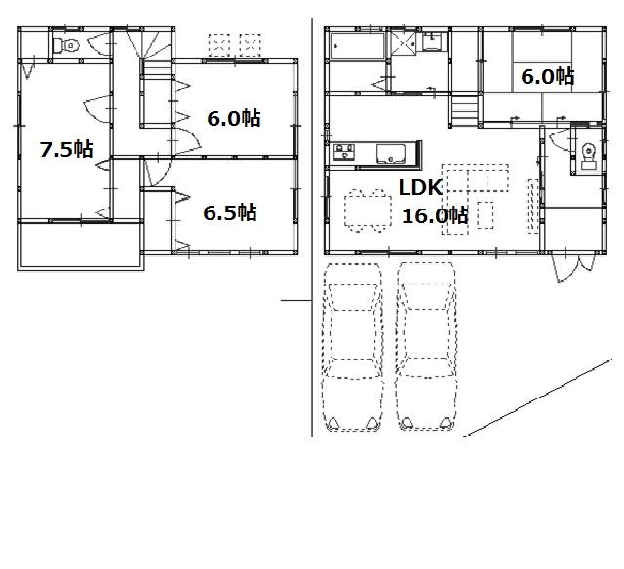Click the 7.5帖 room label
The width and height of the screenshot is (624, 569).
pyautogui.click(x=65, y=150)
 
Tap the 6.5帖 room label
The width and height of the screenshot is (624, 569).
pyautogui.click(x=229, y=212)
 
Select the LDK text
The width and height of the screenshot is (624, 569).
pyautogui.click(x=421, y=187)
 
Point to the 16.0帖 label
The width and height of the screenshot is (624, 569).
pyautogui.click(x=434, y=215)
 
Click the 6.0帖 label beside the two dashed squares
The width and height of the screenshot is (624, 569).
pyautogui.click(x=233, y=119)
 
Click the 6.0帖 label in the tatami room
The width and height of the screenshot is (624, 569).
pyautogui.click(x=546, y=76)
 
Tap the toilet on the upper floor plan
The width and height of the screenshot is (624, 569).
pyautogui.click(x=65, y=45)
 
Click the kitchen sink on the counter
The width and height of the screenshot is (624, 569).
pyautogui.click(x=391, y=153)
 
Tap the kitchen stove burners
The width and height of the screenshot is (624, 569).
pyautogui.click(x=345, y=153)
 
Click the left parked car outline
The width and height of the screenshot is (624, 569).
pyautogui.click(x=354, y=346)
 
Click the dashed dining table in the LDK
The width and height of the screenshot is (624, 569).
pyautogui.click(x=368, y=208)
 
